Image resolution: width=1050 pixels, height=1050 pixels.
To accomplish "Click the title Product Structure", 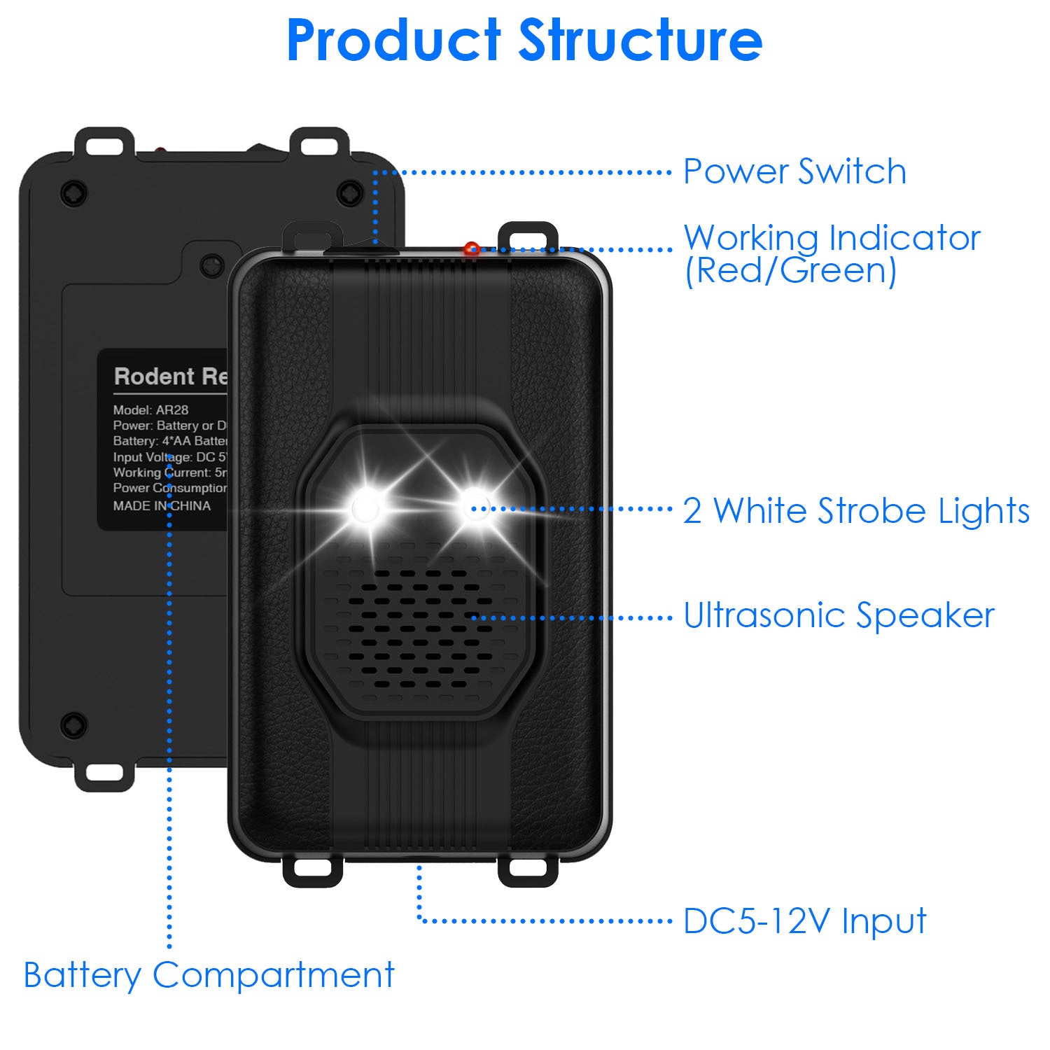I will click(x=524, y=41).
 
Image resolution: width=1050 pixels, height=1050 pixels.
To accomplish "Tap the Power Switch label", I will click(x=794, y=171).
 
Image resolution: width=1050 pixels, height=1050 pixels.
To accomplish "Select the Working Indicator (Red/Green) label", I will click(x=832, y=254).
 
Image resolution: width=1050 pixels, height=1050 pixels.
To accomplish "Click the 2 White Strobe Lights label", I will click(x=856, y=510).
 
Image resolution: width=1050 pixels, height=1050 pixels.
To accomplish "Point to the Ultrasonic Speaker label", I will click(x=839, y=616).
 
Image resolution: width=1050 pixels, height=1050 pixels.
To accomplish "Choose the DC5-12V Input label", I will click(x=804, y=921).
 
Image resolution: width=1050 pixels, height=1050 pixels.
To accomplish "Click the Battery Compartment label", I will click(x=209, y=975).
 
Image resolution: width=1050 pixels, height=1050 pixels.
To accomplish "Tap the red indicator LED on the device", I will click(x=472, y=248).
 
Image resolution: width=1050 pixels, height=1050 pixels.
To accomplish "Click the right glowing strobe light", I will click(x=476, y=505).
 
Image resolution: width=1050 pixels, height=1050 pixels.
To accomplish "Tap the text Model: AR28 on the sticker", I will click(x=150, y=410).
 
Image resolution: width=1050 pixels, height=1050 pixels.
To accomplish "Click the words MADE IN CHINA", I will click(x=162, y=506).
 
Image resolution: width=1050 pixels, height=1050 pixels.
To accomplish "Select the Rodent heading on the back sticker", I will click(x=154, y=377).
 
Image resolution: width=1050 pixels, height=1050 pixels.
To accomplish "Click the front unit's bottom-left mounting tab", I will click(x=312, y=869).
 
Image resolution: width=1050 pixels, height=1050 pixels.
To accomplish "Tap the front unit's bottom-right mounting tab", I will click(x=528, y=869).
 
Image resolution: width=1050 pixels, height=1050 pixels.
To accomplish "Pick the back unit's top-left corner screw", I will click(x=73, y=192).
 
